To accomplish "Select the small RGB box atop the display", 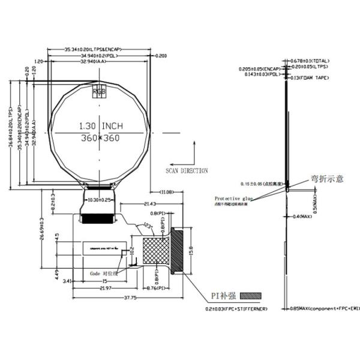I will coord(98,92).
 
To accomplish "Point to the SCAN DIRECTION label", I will coord(187,170).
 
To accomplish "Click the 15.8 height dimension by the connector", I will coord(191,248).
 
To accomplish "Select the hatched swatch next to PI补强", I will coord(251,296).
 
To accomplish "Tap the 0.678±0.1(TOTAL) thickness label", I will coord(310,61).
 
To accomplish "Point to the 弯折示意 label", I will coord(327,178).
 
